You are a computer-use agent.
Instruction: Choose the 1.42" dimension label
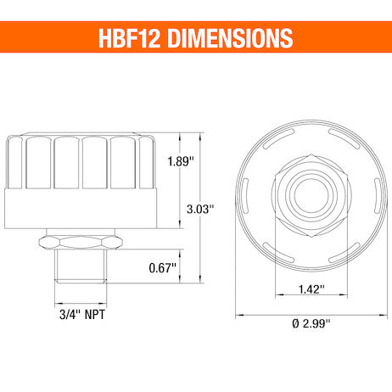click(311, 288)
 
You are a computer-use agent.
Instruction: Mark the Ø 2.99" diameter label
click(311, 322)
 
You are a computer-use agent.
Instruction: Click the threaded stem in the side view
click(81, 266)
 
